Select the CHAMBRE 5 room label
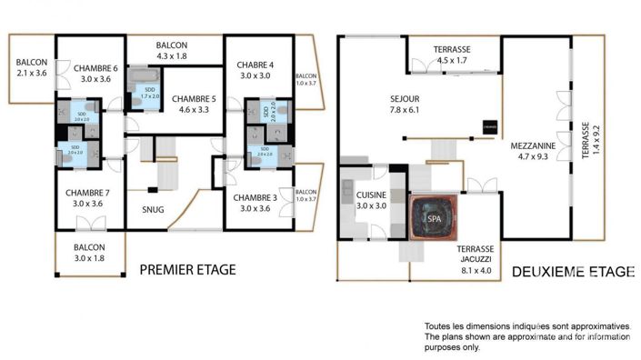click(x=192, y=98)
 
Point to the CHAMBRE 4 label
click(x=255, y=65)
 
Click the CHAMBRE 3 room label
click(x=255, y=197)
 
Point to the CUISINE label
click(x=371, y=195)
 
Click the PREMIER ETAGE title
click(x=187, y=269)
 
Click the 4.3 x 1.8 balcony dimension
click(x=171, y=56)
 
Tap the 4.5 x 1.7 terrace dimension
click(x=451, y=60)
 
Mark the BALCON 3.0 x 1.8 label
click(x=89, y=252)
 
